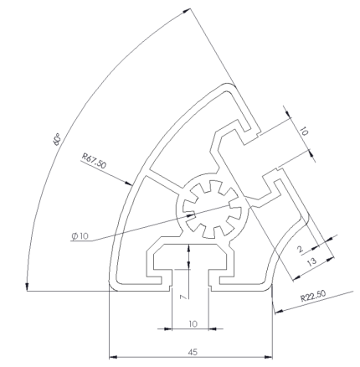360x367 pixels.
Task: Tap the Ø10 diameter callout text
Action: click(x=81, y=237)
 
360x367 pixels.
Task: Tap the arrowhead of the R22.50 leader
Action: click(x=273, y=309)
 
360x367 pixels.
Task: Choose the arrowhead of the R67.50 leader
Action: click(x=132, y=183)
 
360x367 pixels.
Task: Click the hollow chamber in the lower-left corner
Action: click(x=134, y=251)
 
